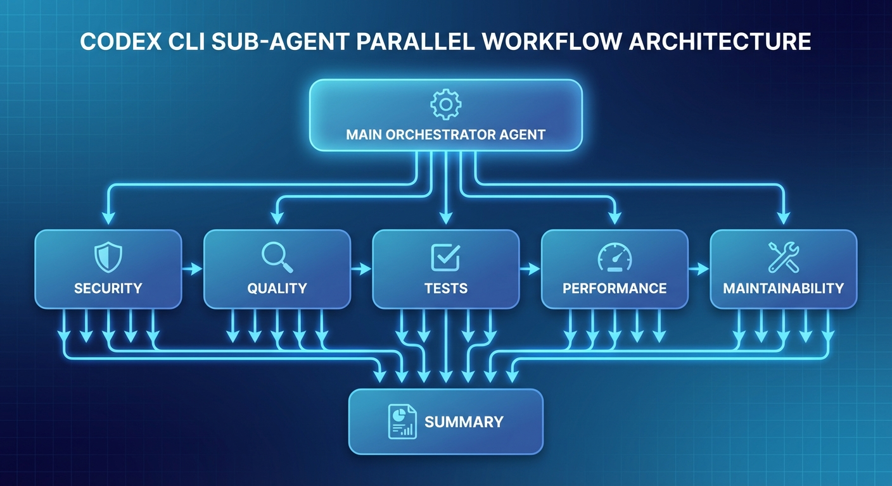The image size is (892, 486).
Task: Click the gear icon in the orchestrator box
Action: [445, 104]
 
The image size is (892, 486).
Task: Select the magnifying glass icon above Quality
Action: [276, 256]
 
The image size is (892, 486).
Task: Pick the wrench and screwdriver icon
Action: [783, 257]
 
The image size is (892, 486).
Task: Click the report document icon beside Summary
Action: [402, 421]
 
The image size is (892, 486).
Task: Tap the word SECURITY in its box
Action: [108, 289]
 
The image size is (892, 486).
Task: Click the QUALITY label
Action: [277, 289]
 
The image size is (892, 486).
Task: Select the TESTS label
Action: [446, 289]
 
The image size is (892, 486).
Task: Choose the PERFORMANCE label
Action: [615, 289]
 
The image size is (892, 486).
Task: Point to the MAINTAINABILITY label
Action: [783, 289]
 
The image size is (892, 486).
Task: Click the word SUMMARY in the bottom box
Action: [464, 422]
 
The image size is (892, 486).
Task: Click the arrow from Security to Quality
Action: [193, 270]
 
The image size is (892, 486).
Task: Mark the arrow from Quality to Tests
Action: [361, 270]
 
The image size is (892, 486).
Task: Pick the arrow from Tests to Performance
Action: [530, 270]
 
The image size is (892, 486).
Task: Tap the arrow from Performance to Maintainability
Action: [699, 270]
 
